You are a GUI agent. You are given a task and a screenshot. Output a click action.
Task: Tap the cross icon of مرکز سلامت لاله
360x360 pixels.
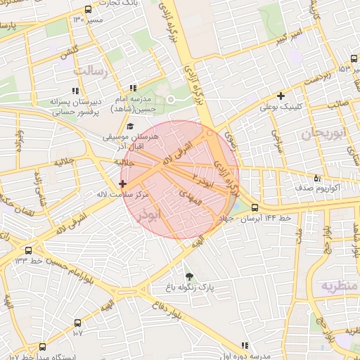click(123, 183)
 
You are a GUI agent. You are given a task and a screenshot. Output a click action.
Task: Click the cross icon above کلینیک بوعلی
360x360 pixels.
click(281, 96)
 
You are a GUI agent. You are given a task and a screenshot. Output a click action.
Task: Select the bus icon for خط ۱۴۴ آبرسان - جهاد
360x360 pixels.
click(255, 207)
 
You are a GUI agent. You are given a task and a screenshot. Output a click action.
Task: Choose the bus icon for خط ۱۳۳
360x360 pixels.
click(28, 250)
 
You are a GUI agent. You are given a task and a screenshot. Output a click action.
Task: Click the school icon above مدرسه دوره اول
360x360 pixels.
click(245, 345)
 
